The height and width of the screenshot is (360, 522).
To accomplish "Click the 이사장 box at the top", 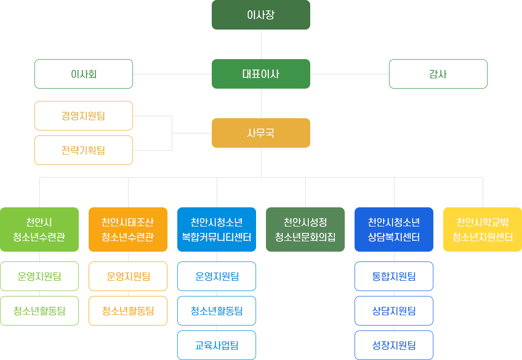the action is point(261,15).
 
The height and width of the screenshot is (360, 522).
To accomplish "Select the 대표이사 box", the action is point(261,74).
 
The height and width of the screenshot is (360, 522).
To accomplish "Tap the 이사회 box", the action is point(84,74).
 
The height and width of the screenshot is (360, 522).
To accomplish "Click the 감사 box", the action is point(438,74).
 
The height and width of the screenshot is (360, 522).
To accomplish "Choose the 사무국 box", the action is point(261,133).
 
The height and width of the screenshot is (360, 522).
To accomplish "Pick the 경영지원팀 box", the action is point(84,116).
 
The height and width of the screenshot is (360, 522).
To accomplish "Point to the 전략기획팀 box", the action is point(84,150).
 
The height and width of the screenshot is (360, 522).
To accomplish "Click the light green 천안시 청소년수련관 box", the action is point(39,229).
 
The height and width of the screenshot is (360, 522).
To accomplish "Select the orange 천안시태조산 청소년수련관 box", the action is point(128,229).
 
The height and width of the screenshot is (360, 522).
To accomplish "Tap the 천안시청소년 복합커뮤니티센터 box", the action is point(217,229).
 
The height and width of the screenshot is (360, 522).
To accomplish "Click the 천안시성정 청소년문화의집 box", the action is point(305,229).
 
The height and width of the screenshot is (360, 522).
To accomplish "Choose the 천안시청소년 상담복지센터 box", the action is point(394,229).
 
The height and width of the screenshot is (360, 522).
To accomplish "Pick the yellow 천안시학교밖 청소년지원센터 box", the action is point(483,229).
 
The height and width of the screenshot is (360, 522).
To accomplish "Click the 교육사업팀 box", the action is point(217,345).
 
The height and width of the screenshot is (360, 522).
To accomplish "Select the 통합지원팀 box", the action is point(394,276).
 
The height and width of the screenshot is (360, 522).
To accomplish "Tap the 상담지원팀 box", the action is point(394,311).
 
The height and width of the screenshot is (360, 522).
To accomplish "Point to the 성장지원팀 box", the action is point(394,345).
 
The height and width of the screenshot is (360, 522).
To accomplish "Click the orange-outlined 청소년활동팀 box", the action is point(128,311).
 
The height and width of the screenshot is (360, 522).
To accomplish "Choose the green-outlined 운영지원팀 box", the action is point(39,276).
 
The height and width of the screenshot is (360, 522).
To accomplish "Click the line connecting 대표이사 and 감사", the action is point(350,74).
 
